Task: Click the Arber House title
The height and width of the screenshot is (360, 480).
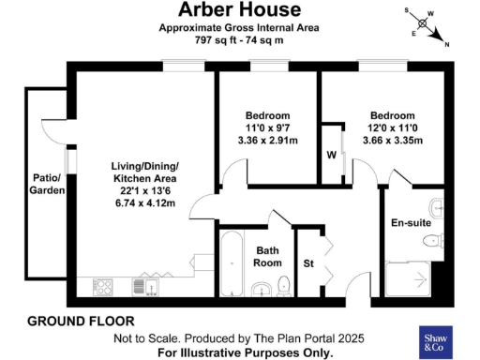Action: point(241,10)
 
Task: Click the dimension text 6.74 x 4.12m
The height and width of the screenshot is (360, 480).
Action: point(145,202)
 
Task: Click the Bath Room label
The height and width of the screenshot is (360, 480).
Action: point(269,257)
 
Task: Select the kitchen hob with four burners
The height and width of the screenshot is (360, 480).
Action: point(103,286)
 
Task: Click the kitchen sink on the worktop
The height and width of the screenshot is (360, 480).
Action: point(142,286)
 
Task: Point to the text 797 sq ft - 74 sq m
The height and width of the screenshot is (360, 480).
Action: point(240,42)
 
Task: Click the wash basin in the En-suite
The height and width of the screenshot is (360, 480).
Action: point(437,206)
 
